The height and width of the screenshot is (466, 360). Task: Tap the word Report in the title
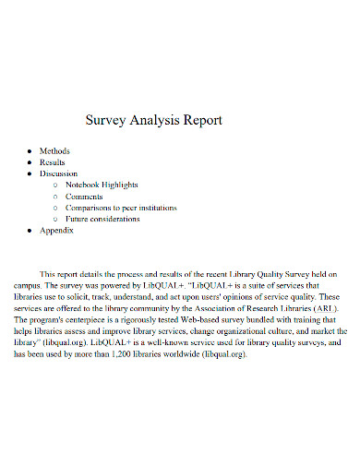tap(200, 121)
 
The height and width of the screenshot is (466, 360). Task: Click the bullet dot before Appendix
tap(30, 231)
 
